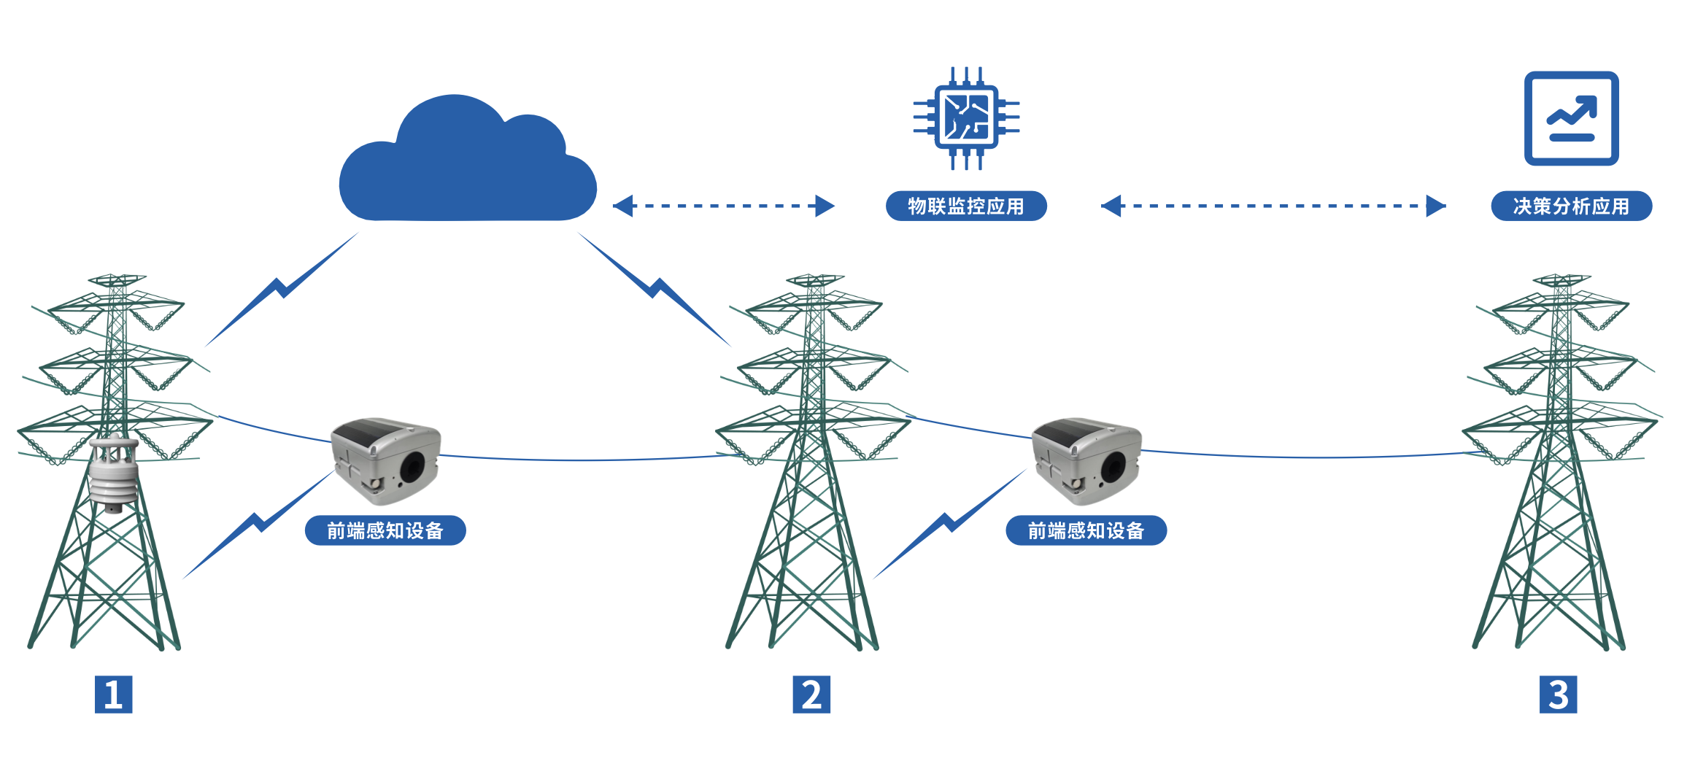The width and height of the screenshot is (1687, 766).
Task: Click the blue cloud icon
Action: pos(467,164)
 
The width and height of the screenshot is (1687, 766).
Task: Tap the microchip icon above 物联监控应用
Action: pos(966,118)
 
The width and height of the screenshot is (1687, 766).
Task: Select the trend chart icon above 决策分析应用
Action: pos(1571,118)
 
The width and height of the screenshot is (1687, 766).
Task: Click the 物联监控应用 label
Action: pos(966,206)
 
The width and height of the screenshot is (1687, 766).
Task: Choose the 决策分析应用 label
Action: pos(1571,206)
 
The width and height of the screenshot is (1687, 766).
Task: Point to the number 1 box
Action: pos(113,695)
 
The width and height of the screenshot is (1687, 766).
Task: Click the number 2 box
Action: pos(811,695)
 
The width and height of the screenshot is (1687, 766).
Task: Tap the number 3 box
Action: pos(1558,695)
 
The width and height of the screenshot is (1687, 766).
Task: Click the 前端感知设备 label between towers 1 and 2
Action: pos(385,530)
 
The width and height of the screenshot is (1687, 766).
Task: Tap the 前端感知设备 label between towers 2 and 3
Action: pos(1086,530)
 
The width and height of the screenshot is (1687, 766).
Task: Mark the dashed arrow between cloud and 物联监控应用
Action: pos(723,206)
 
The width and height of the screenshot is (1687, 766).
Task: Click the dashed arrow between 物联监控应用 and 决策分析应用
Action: pos(1273,206)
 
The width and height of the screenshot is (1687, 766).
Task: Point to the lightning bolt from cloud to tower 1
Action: pos(281,289)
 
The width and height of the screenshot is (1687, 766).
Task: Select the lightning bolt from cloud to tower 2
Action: pos(655,289)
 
